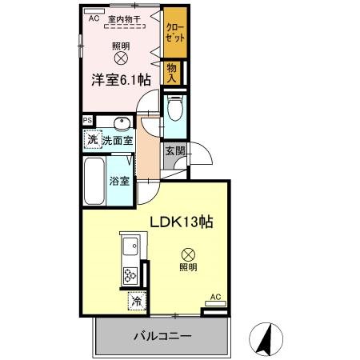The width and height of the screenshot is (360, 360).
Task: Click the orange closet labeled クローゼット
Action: [174, 34]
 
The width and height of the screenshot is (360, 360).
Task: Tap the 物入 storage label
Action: [172, 73]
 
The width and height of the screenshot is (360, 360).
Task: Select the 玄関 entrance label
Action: [174, 151]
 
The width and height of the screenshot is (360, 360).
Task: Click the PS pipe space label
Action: [87, 121]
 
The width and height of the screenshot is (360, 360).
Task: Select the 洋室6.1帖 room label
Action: [119, 78]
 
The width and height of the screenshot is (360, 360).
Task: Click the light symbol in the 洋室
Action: [120, 58]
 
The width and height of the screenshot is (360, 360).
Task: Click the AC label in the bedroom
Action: [93, 18]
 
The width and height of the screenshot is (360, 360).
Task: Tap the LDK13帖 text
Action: [182, 220]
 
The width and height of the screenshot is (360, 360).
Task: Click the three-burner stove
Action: [129, 269]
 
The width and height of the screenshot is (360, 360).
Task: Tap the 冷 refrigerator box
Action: [138, 302]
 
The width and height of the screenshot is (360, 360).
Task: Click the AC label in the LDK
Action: [214, 297]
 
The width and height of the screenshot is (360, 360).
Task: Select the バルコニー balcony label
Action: [162, 336]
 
